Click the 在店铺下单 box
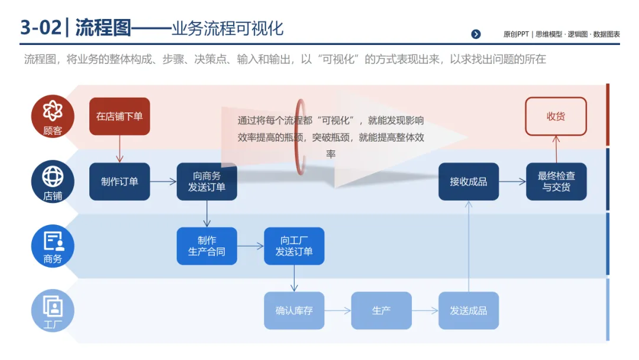coord(120,117)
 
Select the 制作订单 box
coord(120,182)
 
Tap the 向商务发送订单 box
coord(206,182)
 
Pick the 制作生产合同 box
coord(206,246)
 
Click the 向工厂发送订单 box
coord(294,246)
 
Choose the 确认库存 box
coord(294,310)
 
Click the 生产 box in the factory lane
coord(381,310)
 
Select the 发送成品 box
coord(468,310)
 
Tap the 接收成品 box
coord(468,182)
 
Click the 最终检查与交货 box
coord(556,182)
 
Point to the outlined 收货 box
coord(556,117)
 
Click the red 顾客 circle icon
coord(53,116)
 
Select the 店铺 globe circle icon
coord(53,181)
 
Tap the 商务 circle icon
coord(53,246)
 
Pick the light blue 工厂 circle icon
coord(53,310)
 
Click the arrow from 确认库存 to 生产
coord(337,310)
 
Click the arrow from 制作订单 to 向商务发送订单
coord(163,182)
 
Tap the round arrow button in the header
coord(476,34)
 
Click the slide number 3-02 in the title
coord(40,28)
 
